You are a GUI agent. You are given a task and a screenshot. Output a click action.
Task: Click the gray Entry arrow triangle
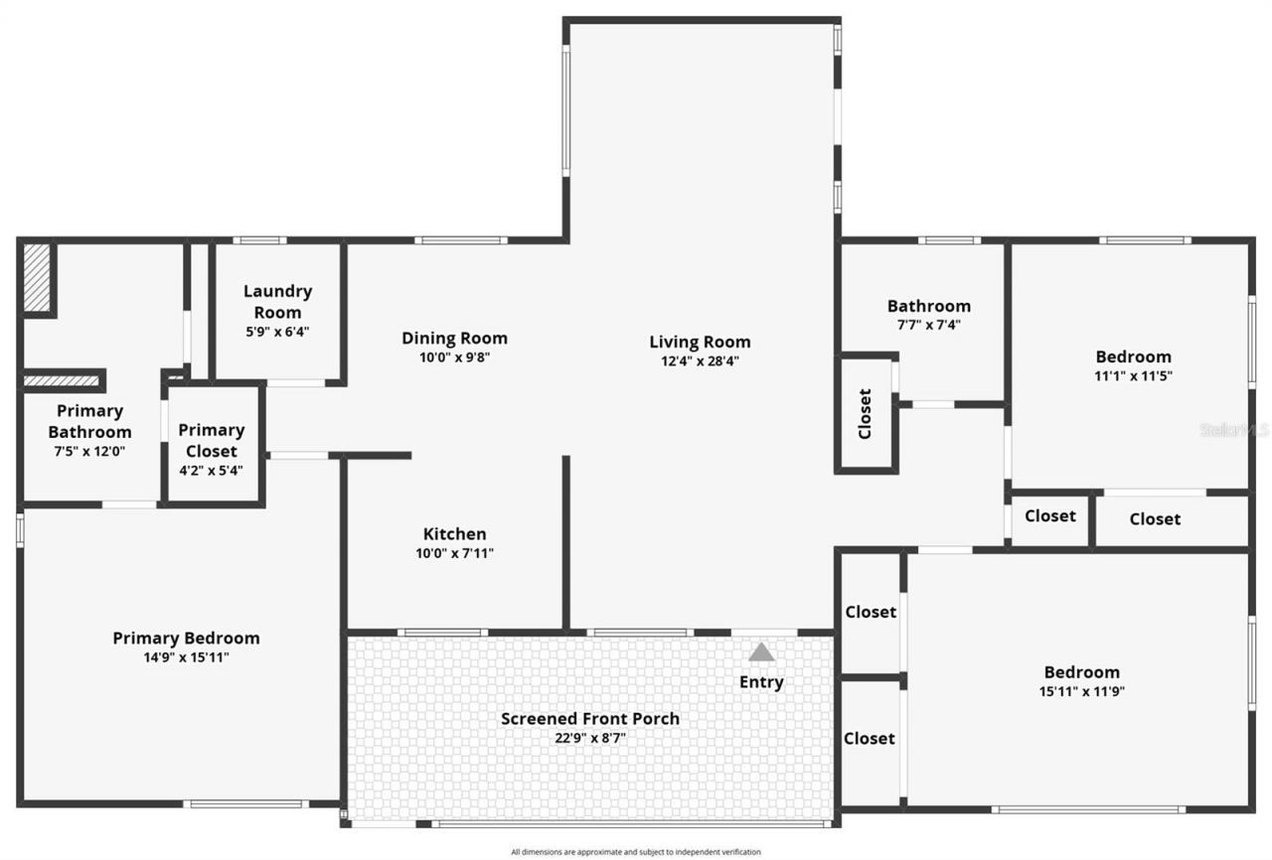point(761,652)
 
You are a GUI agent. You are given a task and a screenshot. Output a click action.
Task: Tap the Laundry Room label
point(277,301)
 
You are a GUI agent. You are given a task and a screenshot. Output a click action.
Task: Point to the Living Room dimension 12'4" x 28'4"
point(700,361)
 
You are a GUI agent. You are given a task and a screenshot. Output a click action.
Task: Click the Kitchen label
point(454,534)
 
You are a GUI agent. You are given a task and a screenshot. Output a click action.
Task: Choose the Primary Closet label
point(211,440)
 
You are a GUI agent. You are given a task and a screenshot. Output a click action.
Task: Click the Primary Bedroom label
point(186,639)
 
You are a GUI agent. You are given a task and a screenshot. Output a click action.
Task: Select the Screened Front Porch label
point(590,719)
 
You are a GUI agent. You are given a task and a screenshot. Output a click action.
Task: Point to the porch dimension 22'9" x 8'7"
point(590,738)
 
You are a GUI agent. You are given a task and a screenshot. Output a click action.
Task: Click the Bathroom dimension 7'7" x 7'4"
point(928,325)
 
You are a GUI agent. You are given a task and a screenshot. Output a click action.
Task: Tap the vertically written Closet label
point(865,413)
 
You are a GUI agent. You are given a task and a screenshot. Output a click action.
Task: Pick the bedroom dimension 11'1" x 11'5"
point(1133,376)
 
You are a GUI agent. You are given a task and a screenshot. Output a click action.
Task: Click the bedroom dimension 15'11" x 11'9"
point(1081,691)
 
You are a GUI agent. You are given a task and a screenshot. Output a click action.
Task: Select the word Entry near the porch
point(761,682)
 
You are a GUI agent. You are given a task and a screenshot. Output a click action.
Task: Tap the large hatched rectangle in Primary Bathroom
point(37,277)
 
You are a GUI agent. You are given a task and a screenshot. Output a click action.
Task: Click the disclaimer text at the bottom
point(636,852)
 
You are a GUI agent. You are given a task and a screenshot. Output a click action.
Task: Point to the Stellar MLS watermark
point(1234,430)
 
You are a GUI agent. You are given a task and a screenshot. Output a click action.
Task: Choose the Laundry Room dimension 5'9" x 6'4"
point(277,333)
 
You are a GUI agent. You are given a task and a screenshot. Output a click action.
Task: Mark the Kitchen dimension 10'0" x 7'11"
point(454,554)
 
